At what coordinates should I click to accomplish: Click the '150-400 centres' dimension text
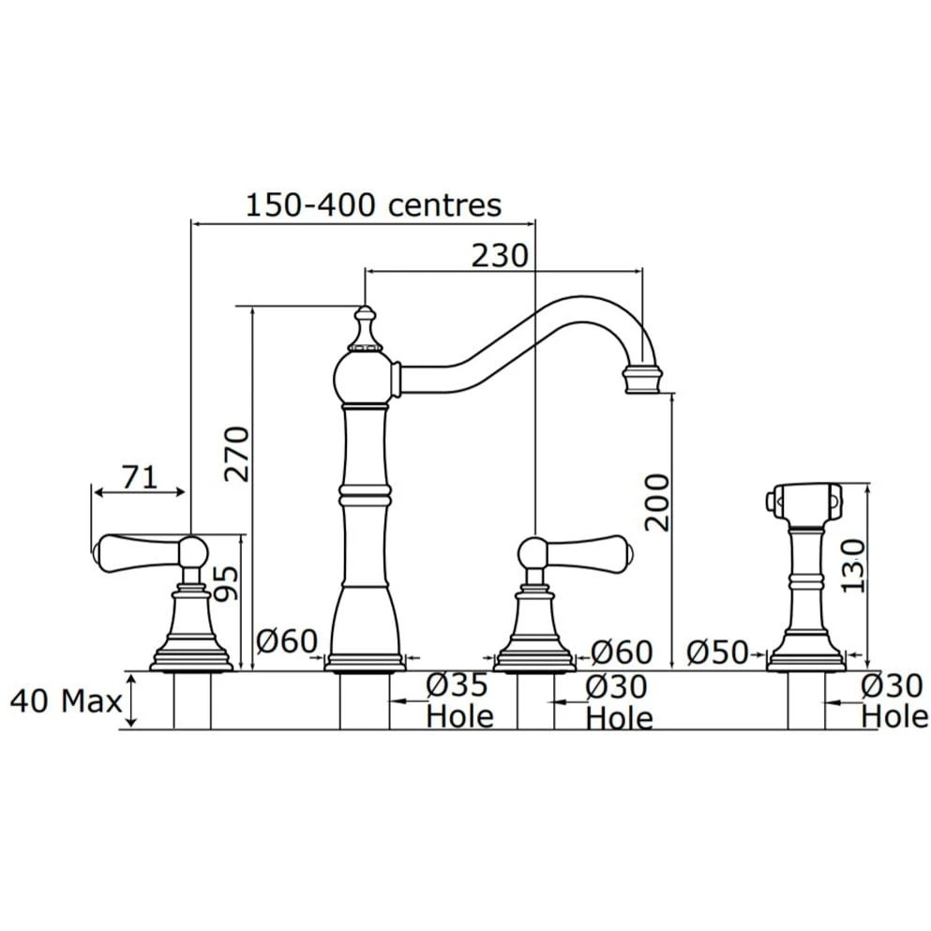tap(373, 205)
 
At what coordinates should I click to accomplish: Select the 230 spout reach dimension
tap(500, 256)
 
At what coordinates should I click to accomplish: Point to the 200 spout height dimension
tap(657, 503)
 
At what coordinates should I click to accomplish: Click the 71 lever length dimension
tap(140, 477)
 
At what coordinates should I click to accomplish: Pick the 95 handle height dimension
tap(226, 583)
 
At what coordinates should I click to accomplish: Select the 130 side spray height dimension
tap(853, 565)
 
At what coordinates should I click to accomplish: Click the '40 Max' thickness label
tap(66, 701)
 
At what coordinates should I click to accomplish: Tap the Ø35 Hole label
tap(459, 701)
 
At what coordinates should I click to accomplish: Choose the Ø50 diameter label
tap(717, 653)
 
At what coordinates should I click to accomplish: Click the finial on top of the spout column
tap(365, 328)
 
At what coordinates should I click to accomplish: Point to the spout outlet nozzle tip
tap(642, 380)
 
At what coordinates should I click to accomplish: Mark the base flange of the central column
tap(365, 663)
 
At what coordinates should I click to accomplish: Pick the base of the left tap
tap(191, 658)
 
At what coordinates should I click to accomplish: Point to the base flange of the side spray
tap(806, 661)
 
